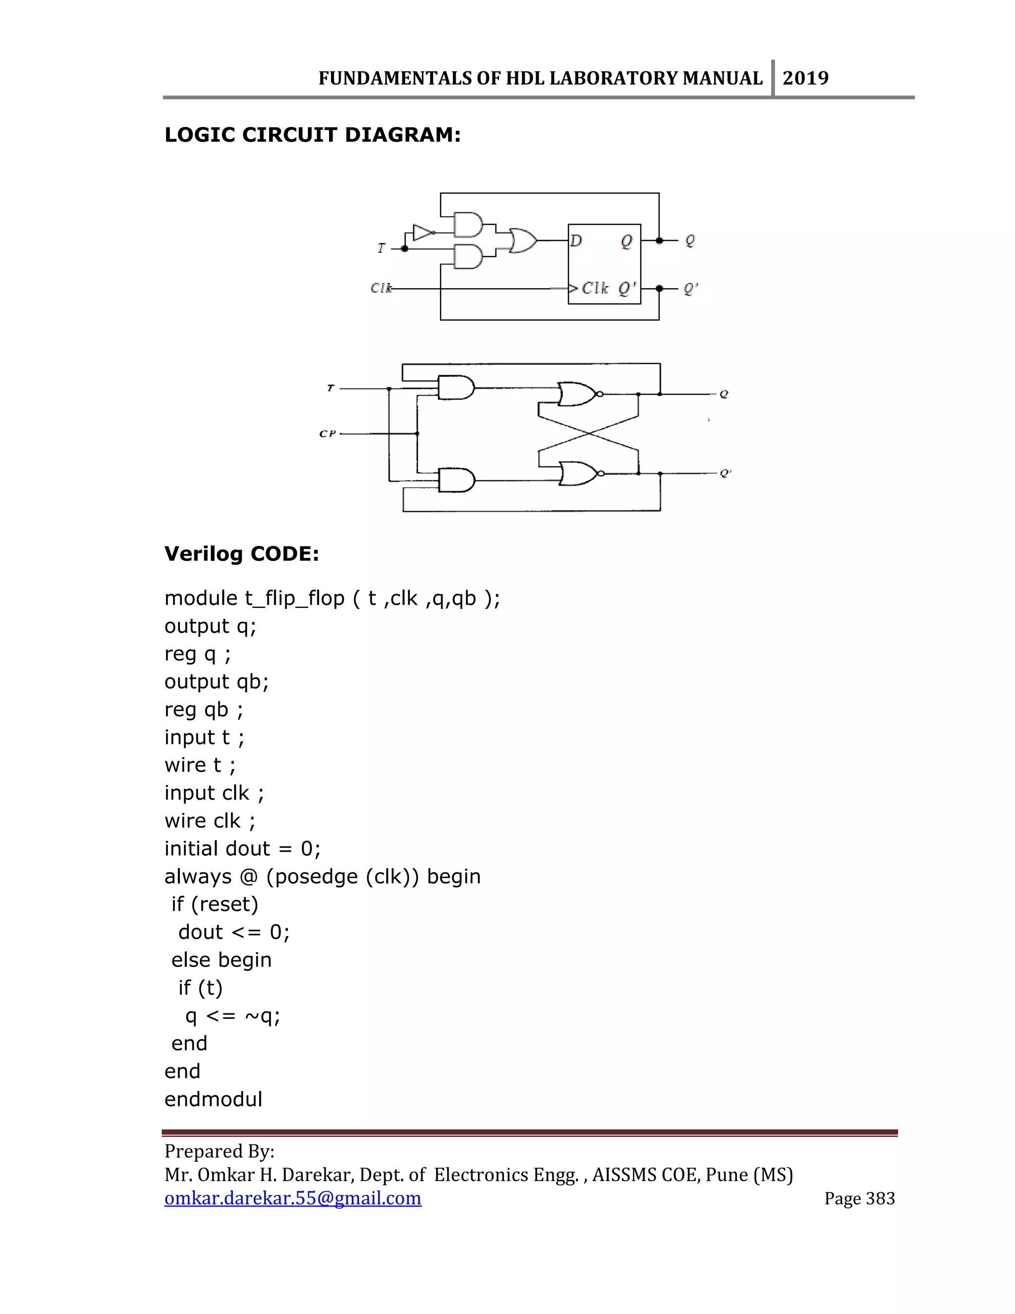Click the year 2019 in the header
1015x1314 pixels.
805,78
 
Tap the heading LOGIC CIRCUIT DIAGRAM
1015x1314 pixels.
312,135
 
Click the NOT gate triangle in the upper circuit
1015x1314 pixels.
423,232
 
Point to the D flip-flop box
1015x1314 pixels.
604,263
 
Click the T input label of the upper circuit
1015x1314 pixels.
381,248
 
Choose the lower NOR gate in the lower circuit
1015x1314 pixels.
578,474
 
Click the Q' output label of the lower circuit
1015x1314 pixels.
725,474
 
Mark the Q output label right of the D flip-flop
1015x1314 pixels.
690,240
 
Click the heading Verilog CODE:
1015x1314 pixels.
242,553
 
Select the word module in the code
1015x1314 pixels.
201,598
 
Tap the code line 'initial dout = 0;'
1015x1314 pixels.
242,848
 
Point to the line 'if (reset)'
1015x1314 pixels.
215,904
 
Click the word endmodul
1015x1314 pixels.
214,1099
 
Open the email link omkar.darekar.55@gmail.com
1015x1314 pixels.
293,1198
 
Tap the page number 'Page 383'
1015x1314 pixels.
859,1198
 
